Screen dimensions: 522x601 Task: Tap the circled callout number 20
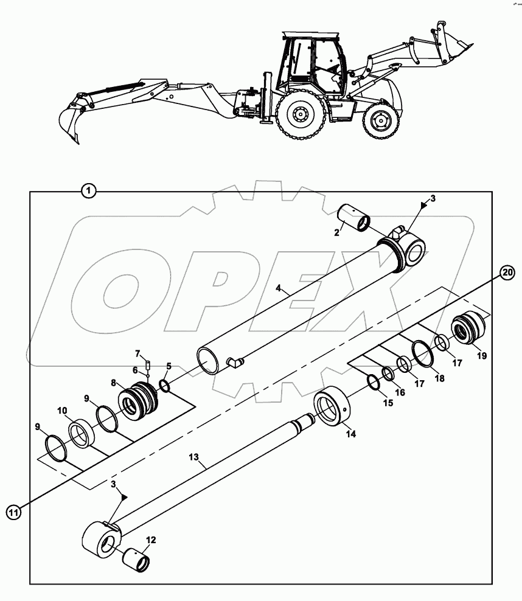coord(507,271)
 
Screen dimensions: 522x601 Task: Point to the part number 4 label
coord(277,289)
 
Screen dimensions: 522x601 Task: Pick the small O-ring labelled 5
coord(164,386)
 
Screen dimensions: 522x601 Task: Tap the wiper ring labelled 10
coord(80,433)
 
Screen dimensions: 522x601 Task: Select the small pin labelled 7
coord(147,365)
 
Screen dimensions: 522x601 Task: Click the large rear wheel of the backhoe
coord(299,114)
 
